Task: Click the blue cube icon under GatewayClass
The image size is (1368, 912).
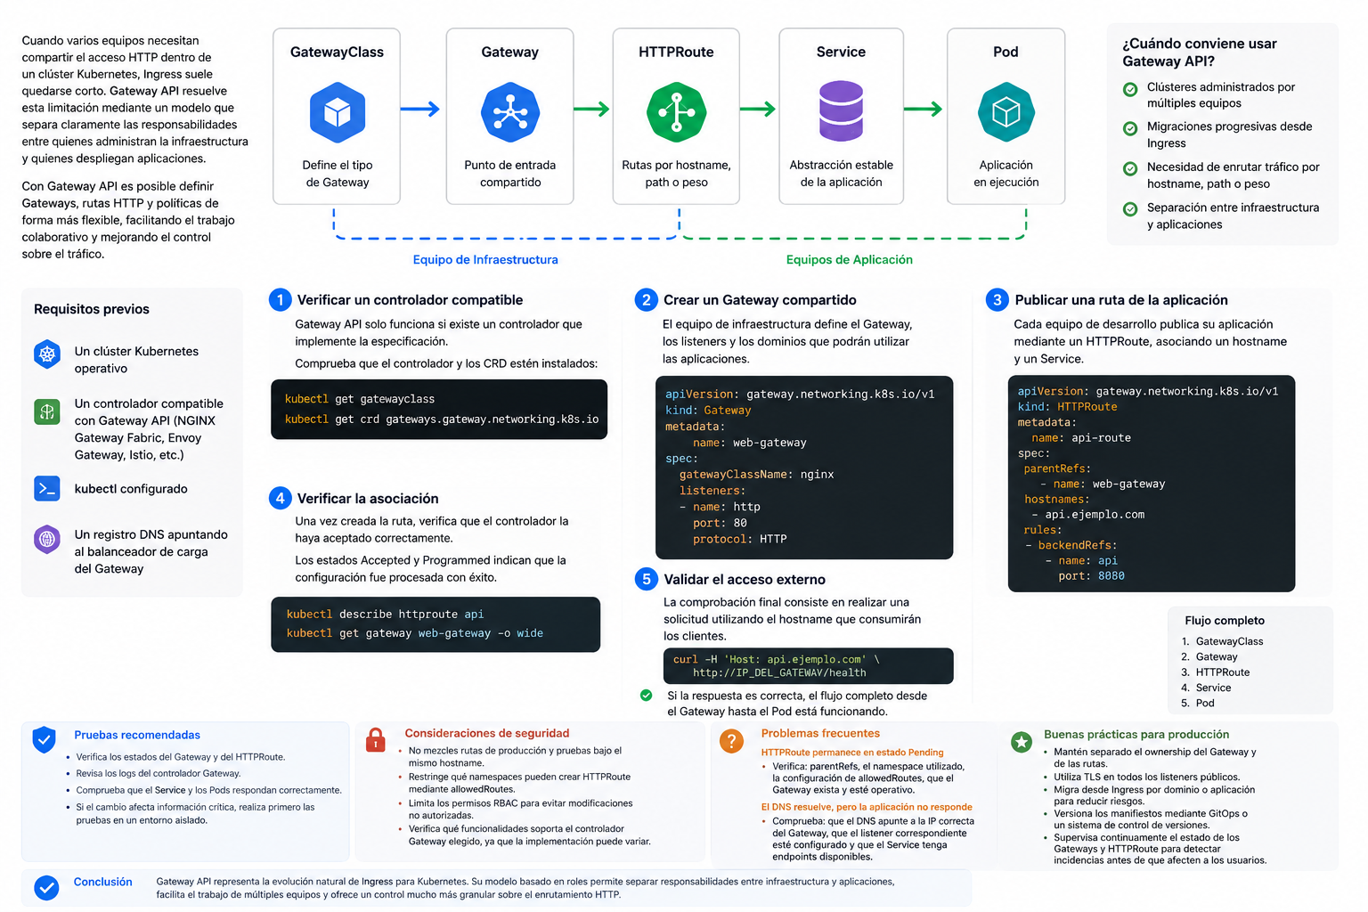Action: tap(338, 112)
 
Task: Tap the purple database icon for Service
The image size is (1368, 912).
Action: tap(841, 111)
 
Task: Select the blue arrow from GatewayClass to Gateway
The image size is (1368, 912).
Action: tap(420, 109)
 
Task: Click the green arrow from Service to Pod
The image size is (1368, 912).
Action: tap(923, 109)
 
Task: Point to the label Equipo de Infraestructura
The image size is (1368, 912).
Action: tap(485, 259)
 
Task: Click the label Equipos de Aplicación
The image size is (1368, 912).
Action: tap(850, 259)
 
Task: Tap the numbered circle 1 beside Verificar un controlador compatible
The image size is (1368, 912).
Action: tap(281, 300)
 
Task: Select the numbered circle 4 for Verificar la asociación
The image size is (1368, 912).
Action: tap(281, 499)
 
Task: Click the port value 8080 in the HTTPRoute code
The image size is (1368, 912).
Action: tap(1111, 575)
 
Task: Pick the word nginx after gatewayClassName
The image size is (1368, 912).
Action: tap(817, 474)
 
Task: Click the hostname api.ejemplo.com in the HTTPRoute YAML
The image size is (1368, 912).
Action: tap(1095, 515)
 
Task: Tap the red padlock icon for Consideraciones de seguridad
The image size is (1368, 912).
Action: tap(376, 740)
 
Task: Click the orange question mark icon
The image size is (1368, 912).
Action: tap(731, 741)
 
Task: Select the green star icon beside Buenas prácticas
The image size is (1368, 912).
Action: tap(1022, 742)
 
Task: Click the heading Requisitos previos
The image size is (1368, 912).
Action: tap(92, 309)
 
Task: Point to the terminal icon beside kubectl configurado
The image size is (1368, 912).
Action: tap(47, 489)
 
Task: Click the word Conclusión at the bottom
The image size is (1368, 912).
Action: tap(102, 882)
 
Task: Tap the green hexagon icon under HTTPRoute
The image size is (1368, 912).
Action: tap(676, 112)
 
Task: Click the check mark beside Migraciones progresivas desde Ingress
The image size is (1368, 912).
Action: tap(1130, 128)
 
